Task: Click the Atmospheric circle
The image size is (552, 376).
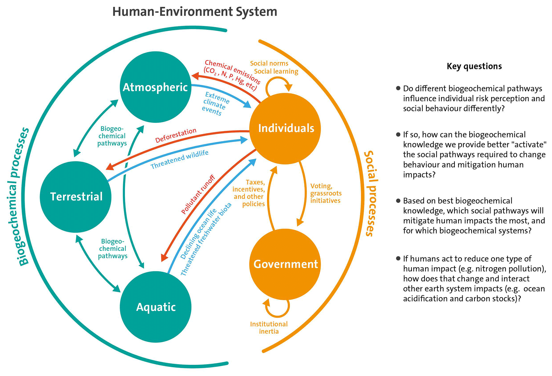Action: pyautogui.click(x=155, y=87)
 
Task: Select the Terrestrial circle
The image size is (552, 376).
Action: pyautogui.click(x=76, y=197)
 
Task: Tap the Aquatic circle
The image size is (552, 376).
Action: pyautogui.click(x=156, y=307)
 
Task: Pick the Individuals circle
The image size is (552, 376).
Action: pyautogui.click(x=285, y=129)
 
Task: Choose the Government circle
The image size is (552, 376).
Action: pyautogui.click(x=285, y=264)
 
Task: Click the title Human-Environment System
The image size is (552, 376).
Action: pyautogui.click(x=194, y=12)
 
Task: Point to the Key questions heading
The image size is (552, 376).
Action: pyautogui.click(x=474, y=66)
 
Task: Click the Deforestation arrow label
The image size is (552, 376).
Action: pyautogui.click(x=176, y=136)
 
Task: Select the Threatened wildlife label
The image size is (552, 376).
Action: pyautogui.click(x=179, y=159)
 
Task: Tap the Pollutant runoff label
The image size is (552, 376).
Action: pyautogui.click(x=198, y=194)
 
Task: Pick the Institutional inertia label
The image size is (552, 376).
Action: pyautogui.click(x=269, y=328)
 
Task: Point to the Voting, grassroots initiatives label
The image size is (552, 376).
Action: pyautogui.click(x=326, y=193)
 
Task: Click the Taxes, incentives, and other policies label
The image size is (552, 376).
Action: pyautogui.click(x=249, y=193)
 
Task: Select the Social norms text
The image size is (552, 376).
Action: pyautogui.click(x=269, y=63)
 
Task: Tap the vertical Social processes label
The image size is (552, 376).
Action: pyautogui.click(x=371, y=193)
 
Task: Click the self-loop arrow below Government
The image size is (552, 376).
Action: pyautogui.click(x=278, y=309)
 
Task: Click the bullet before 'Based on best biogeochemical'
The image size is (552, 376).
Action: pyautogui.click(x=398, y=201)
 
